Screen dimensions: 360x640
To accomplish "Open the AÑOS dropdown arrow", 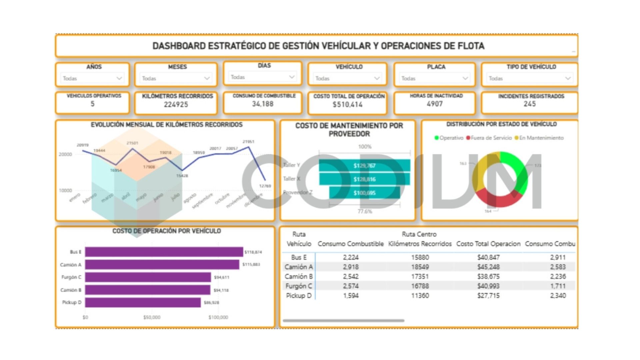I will (x=119, y=78).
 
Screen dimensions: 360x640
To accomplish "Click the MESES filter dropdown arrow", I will (x=207, y=78).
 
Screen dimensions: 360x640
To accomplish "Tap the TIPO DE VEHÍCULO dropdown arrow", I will (x=568, y=78).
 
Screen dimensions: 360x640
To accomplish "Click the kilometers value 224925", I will (x=176, y=105).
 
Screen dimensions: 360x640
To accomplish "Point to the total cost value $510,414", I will (x=347, y=105).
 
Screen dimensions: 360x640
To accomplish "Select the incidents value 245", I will (x=529, y=104).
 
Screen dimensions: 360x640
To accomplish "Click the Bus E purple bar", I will (x=164, y=252).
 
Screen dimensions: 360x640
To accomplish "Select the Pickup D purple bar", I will (x=143, y=303).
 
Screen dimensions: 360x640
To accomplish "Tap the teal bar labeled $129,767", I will (x=364, y=166).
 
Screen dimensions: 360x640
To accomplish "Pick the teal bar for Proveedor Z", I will (x=364, y=193).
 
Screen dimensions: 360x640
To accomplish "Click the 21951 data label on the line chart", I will (x=248, y=142).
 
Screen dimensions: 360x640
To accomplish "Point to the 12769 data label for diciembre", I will (x=265, y=186).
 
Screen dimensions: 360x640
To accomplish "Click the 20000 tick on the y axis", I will (x=65, y=154).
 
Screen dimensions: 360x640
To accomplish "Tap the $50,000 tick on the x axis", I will (x=152, y=317).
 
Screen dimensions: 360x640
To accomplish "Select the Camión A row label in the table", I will (x=299, y=267).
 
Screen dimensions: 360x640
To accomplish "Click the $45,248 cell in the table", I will (x=488, y=267).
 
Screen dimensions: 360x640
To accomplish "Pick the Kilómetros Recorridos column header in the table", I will (x=420, y=244).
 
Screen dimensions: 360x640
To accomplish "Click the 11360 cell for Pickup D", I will (x=420, y=296).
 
